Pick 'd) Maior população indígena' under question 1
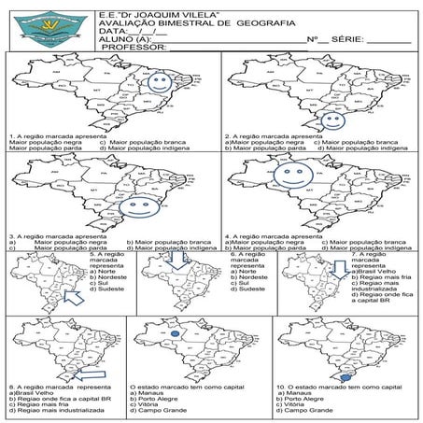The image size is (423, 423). tap(145, 148)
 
